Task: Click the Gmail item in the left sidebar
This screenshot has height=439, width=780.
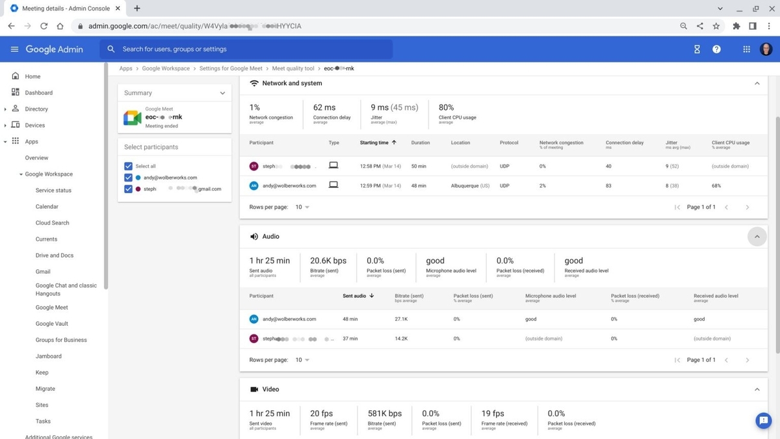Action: tap(43, 272)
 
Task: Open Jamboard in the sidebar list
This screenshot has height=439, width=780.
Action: tap(49, 356)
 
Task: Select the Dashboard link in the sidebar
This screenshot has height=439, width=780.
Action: tap(38, 93)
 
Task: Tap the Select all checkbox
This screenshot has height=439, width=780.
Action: tap(128, 166)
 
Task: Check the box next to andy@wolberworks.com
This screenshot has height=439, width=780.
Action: tap(128, 178)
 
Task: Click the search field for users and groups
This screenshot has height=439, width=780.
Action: tap(247, 49)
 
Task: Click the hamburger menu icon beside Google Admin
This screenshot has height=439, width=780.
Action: tap(14, 49)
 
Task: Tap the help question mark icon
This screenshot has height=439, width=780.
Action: tap(716, 49)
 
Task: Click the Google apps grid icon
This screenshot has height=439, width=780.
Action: tap(746, 49)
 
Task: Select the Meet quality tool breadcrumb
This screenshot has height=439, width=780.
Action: tap(292, 68)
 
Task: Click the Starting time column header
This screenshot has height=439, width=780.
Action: tap(374, 142)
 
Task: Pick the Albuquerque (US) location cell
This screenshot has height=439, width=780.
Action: tap(470, 186)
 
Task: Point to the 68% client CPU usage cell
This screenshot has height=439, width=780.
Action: tap(717, 186)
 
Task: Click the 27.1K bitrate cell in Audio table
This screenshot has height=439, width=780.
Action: tap(401, 319)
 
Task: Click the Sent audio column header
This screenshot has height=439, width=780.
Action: tap(354, 296)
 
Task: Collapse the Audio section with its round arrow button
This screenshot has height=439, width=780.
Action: tap(757, 237)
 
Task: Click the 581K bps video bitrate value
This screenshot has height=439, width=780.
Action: tap(384, 414)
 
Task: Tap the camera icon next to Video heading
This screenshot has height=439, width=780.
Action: tap(254, 390)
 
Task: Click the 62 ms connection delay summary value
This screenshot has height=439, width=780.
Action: tap(324, 108)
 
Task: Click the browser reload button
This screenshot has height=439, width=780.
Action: tap(44, 26)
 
